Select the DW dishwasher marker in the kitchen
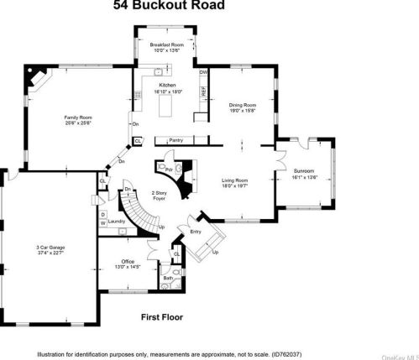point(203,73)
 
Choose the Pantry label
point(176,139)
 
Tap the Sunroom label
point(306,172)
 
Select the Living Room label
point(235,181)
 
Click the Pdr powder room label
point(169,168)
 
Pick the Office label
point(128,262)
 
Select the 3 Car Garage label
point(52,247)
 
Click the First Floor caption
point(161,317)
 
